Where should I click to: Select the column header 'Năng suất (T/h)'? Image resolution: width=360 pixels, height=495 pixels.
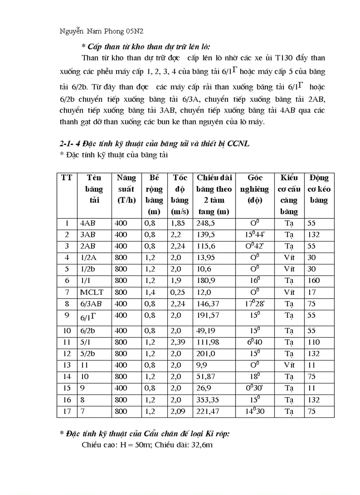pos(126,189)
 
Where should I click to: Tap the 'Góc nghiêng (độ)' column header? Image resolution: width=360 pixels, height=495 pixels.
pos(255,189)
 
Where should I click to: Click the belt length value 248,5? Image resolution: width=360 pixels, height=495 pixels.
pos(206,223)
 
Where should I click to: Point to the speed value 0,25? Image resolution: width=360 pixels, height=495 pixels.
pos(178,292)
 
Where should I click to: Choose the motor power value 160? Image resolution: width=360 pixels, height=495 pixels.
pos(314,281)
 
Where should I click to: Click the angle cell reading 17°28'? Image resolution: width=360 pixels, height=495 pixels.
pos(255,304)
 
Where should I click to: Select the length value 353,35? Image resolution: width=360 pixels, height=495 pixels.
pos(209,400)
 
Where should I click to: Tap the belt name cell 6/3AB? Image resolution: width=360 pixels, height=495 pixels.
pos(91,304)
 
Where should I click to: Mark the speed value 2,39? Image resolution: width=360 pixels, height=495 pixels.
pos(178,342)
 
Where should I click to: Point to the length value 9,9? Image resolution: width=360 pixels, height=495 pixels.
pos(203,365)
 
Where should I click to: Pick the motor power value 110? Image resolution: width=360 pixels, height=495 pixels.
pos(314,342)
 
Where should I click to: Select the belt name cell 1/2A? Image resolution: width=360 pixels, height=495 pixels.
pos(89,258)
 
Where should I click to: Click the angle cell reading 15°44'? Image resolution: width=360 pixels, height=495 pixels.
pos(255,235)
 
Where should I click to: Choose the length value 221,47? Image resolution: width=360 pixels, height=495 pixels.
pos(209,411)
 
